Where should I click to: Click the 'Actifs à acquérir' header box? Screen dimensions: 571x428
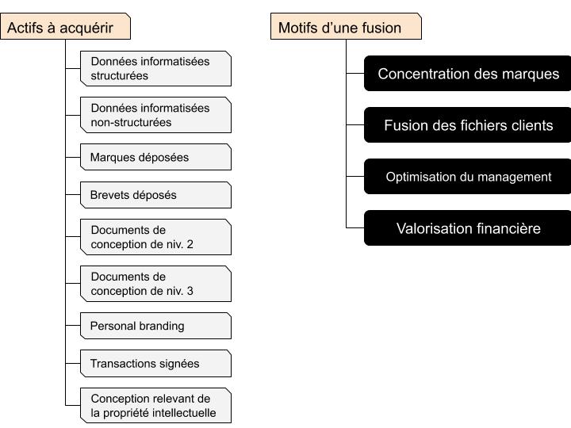click(65, 26)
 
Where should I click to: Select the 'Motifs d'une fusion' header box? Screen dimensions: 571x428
click(346, 26)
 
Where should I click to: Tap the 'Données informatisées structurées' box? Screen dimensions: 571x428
click(156, 68)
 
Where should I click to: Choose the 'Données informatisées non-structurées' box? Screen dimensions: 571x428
click(156, 115)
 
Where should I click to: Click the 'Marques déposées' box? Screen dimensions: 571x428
click(156, 157)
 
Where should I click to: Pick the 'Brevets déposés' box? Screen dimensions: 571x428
click(156, 195)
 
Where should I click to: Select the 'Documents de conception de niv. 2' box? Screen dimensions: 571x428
click(156, 237)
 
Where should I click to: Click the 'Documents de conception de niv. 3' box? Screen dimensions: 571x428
click(156, 284)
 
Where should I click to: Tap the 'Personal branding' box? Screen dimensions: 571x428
click(156, 326)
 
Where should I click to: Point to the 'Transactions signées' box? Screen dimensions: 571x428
click(156, 363)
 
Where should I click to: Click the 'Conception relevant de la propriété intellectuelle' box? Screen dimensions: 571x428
click(156, 406)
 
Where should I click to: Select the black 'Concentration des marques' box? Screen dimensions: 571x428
click(468, 73)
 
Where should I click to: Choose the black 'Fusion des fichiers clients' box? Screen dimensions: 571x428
click(468, 125)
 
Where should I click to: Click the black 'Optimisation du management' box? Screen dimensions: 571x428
click(468, 177)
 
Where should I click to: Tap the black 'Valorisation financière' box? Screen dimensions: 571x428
click(468, 227)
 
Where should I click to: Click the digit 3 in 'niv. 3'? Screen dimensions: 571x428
click(190, 291)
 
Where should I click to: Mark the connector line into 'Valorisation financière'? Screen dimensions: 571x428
click(355, 227)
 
